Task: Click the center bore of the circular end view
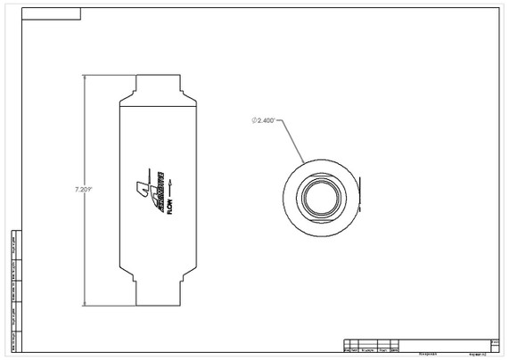(318, 195)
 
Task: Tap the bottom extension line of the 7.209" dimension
(107, 303)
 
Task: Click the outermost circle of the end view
(318, 165)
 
